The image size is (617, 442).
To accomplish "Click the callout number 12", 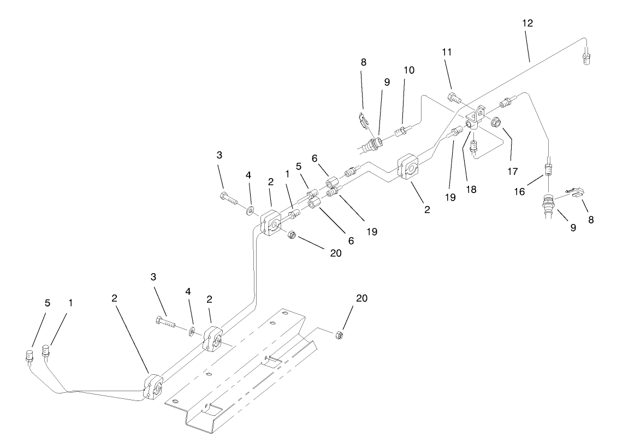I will tap(527, 23).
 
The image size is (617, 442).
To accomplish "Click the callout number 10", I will tap(408, 70).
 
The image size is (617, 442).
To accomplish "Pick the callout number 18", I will tap(471, 189).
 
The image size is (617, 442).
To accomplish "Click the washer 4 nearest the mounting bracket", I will tap(193, 331).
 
